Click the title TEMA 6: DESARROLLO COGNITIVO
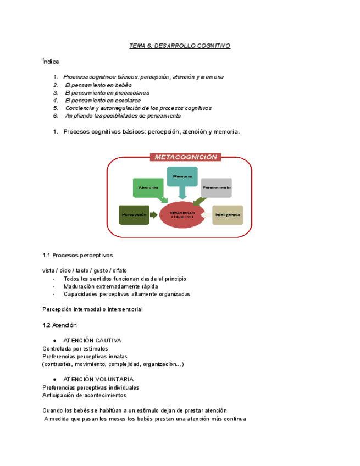(180, 46)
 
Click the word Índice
(51, 62)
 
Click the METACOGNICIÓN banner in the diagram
(186, 157)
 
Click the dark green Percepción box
(134, 215)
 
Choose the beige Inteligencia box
(228, 214)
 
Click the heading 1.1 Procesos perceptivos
(77, 255)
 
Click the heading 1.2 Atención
(59, 325)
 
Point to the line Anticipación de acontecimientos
(84, 395)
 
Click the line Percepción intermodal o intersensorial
(92, 309)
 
